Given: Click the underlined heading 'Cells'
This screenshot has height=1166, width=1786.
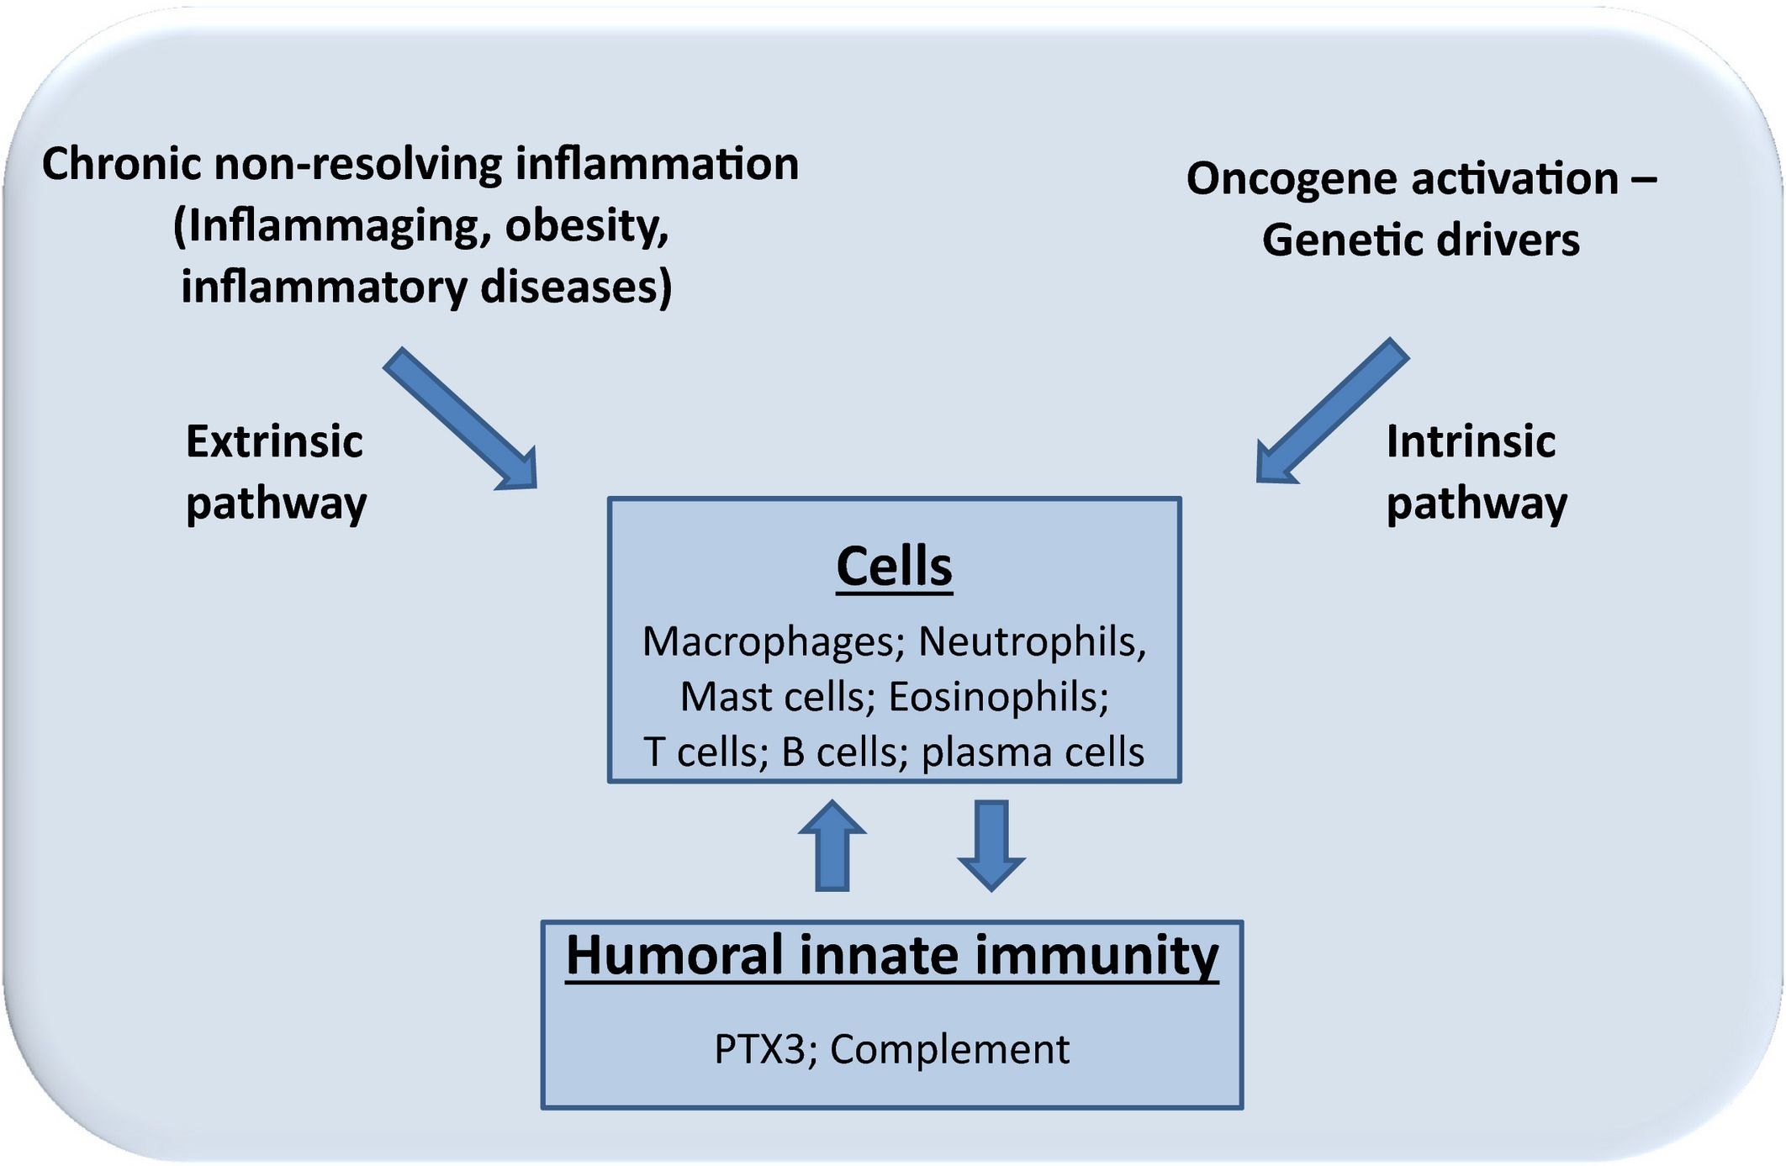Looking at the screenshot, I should click(x=894, y=567).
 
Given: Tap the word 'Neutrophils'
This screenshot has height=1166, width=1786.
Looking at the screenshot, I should click(x=1031, y=642).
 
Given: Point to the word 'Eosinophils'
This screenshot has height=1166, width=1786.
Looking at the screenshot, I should click(x=997, y=698).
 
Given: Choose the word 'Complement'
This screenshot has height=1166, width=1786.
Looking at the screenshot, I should click(x=949, y=1049).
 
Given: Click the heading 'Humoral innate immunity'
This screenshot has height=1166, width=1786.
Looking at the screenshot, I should click(x=892, y=956).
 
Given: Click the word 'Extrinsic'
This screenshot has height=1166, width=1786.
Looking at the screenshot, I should click(x=274, y=442).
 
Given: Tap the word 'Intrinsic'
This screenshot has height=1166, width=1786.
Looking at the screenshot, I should click(x=1471, y=442).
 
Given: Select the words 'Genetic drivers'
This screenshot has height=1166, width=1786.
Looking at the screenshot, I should click(x=1420, y=240).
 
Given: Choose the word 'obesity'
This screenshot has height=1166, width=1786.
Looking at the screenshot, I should click(x=586, y=226).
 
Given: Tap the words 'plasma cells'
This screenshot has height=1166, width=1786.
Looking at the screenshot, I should click(x=1033, y=752).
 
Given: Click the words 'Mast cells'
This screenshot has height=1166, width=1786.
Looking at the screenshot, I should click(x=772, y=698).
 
